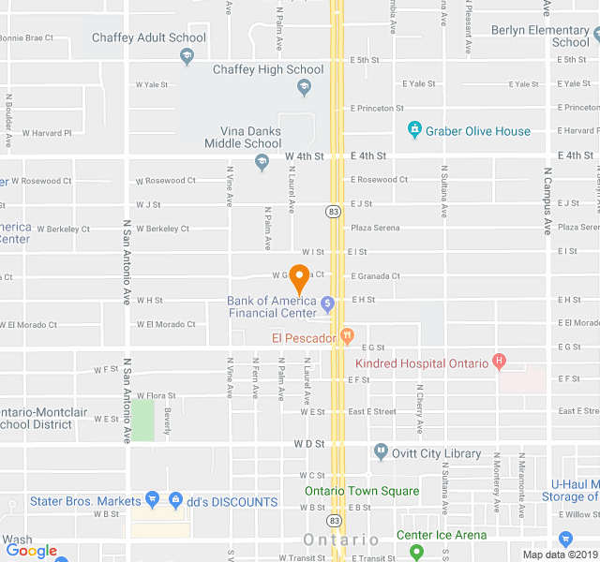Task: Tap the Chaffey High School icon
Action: pyautogui.click(x=303, y=87)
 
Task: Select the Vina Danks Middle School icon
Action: pyautogui.click(x=262, y=163)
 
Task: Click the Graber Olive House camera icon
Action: pyautogui.click(x=414, y=131)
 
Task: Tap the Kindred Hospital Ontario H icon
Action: pyautogui.click(x=499, y=361)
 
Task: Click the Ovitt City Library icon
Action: pyautogui.click(x=381, y=452)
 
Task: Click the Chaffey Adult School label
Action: pyautogui.click(x=148, y=37)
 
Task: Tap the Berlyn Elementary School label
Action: pyautogui.click(x=539, y=36)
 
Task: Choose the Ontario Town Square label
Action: pyautogui.click(x=361, y=491)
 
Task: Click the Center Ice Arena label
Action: pyautogui.click(x=441, y=535)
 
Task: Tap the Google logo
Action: pyautogui.click(x=31, y=552)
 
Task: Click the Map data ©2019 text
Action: pyautogui.click(x=558, y=555)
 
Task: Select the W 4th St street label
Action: pyautogui.click(x=305, y=155)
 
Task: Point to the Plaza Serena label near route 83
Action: pyautogui.click(x=375, y=228)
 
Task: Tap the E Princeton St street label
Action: pyautogui.click(x=377, y=109)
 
